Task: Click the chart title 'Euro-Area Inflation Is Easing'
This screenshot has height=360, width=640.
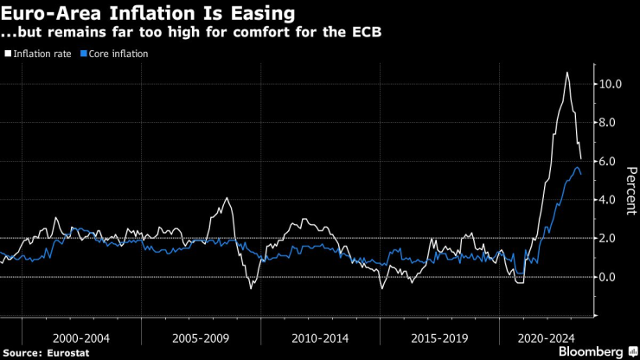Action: coord(147,14)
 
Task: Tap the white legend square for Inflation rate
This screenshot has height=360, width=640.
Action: coord(8,54)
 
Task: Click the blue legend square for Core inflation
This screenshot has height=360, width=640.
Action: coord(83,54)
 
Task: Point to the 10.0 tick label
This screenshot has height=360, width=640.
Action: coord(608,84)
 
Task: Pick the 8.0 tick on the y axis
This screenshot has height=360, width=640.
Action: coord(608,123)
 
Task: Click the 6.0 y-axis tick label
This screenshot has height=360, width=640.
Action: coord(608,161)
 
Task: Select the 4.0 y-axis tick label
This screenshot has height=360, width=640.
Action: coord(608,200)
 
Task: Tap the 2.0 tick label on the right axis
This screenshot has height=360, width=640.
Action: coord(608,238)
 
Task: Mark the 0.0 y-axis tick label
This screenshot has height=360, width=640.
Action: coord(608,277)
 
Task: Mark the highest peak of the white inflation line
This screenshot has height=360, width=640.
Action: coord(567,73)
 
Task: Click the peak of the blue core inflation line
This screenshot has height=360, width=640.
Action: coord(577,167)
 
